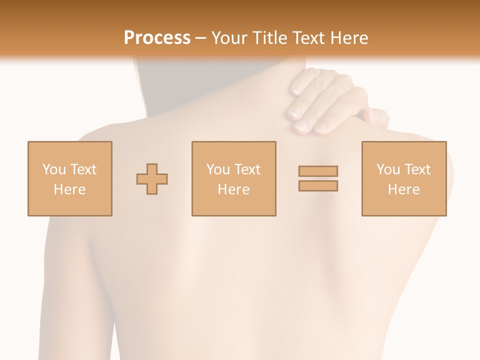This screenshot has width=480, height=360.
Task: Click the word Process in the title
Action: tap(157, 37)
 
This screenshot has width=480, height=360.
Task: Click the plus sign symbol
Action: tap(152, 178)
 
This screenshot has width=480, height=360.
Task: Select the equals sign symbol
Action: tap(318, 178)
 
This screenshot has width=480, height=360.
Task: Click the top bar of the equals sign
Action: tap(318, 171)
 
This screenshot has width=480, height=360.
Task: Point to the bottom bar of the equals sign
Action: tap(318, 186)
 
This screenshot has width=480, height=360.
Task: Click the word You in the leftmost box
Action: tap(54, 169)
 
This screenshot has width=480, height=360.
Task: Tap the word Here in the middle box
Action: tap(233, 189)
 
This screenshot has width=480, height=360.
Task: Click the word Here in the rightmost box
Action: tap(404, 189)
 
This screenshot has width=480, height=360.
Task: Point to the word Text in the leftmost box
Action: tap(83, 169)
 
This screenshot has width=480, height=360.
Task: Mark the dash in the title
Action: tap(201, 38)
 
